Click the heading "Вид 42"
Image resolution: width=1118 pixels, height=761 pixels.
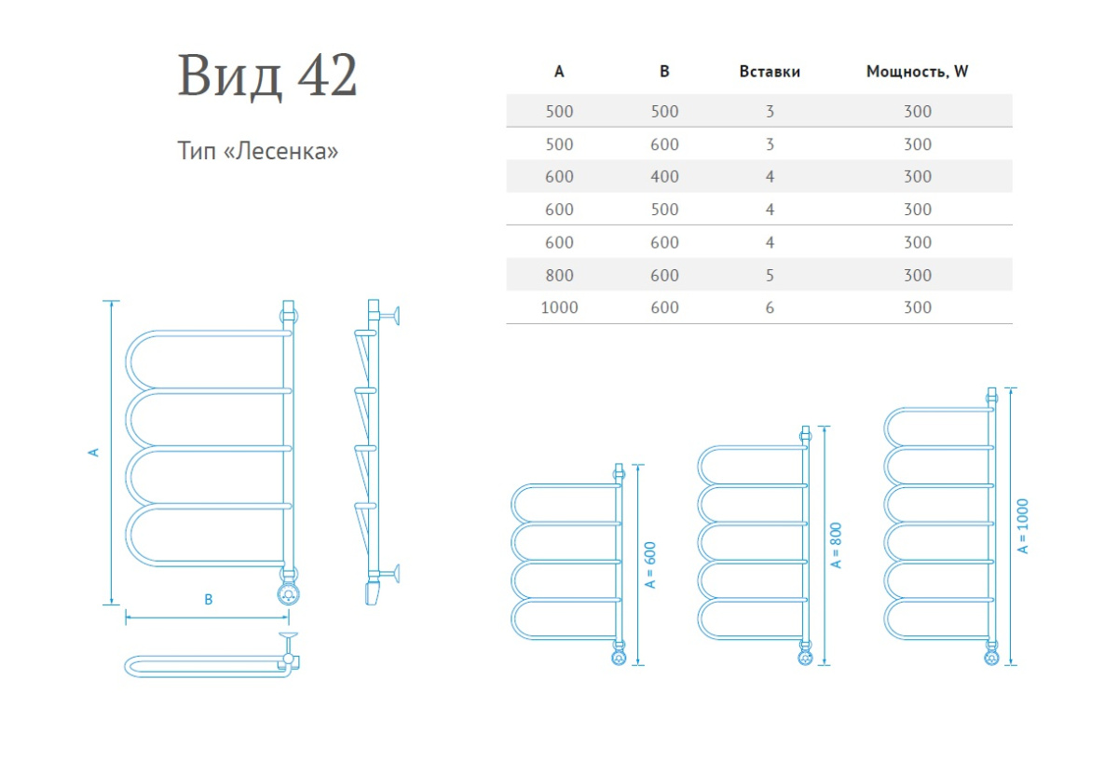267,76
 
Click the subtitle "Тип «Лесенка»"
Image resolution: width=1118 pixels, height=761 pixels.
257,150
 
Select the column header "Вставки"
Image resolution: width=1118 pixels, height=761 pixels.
770,71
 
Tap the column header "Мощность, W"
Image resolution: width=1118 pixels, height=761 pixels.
917,71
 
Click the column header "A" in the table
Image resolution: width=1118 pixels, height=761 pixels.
559,71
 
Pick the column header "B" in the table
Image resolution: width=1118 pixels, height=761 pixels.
664,71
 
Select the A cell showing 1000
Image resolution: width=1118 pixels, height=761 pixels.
559,307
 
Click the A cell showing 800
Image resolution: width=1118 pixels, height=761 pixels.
559,275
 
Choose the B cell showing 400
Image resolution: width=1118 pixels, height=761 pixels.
664,176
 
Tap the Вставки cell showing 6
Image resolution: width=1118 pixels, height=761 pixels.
770,307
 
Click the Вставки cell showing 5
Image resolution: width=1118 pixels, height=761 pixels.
770,275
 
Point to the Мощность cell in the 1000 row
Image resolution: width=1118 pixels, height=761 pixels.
917,307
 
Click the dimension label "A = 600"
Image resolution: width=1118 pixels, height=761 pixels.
650,564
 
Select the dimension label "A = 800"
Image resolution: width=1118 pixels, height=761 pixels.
837,544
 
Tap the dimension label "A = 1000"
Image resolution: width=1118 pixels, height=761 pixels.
1023,528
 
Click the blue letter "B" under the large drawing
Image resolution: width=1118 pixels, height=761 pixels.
209,600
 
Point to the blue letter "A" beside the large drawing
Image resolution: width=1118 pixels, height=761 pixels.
93,452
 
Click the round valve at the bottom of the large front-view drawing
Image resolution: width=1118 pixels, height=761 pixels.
288,594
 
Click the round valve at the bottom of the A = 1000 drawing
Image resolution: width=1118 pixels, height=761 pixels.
991,657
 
